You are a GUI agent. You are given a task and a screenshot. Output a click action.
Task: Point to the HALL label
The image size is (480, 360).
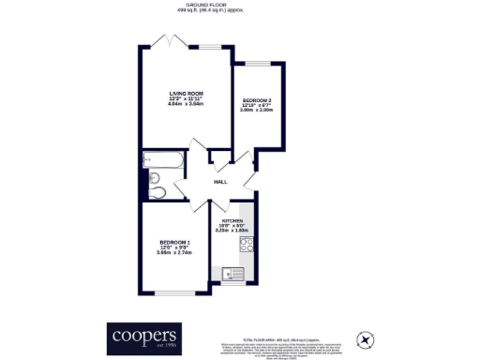click(220, 182)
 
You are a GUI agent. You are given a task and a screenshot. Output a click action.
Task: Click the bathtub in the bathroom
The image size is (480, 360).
click(158, 160)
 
